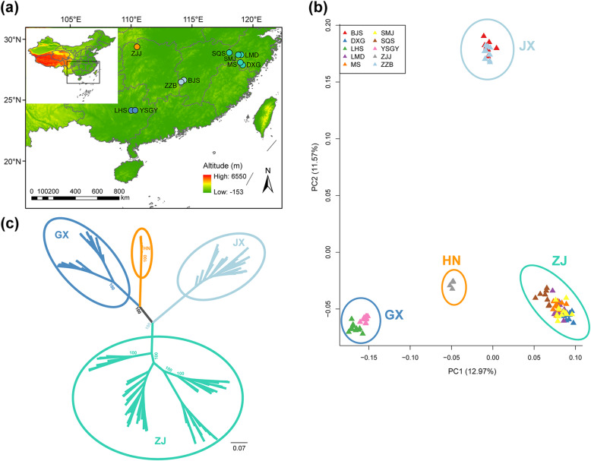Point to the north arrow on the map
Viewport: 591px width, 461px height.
(x=268, y=182)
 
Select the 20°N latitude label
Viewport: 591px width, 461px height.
(x=13, y=161)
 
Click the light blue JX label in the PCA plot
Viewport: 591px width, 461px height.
(x=528, y=46)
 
